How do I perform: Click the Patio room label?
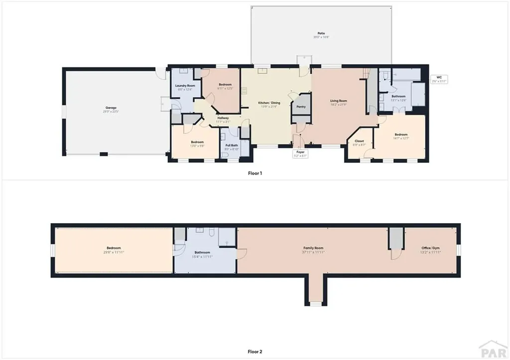tap(321, 33)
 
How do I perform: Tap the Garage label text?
tap(111, 108)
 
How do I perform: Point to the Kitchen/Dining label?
tap(269, 103)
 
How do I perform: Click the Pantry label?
tap(301, 107)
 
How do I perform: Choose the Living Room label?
tap(338, 101)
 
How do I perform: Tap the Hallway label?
tap(223, 118)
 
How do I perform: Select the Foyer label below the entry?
tap(301, 152)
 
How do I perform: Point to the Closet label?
tap(359, 141)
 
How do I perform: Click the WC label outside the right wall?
tap(439, 77)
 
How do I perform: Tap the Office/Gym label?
tap(429, 248)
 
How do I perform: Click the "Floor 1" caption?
tap(255, 173)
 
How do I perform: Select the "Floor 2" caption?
tap(255, 352)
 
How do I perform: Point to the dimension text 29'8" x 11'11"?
tap(114, 252)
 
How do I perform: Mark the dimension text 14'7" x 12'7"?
tap(401, 138)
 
